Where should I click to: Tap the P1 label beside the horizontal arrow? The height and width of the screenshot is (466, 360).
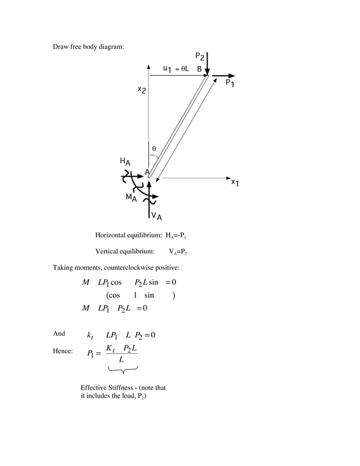coord(230,83)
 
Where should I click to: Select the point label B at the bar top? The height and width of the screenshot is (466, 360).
coord(200,69)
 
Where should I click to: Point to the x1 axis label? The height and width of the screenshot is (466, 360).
coord(235,183)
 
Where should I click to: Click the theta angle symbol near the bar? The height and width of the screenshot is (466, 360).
coord(153,149)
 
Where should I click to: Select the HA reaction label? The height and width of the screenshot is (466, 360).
coord(125,162)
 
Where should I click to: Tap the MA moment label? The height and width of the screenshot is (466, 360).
coord(131,198)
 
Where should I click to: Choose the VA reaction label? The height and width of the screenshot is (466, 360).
coord(157,216)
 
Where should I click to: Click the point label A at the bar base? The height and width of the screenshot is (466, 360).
coord(147,172)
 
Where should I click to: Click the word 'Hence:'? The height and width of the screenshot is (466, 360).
coord(63,351)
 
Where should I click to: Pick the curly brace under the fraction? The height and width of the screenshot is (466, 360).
coord(122,369)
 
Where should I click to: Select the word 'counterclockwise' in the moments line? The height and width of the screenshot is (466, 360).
coord(126,267)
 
